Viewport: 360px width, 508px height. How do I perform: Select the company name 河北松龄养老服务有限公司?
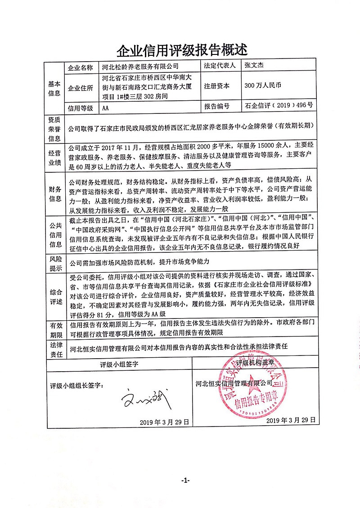pos(140,67)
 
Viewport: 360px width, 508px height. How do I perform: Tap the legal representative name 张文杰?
pos(254,66)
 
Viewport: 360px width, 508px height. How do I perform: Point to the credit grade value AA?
pos(106,108)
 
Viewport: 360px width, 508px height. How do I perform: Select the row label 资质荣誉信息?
pos(54,128)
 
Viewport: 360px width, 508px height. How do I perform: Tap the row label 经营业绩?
pos(54,157)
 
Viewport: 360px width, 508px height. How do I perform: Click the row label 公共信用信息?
pos(54,233)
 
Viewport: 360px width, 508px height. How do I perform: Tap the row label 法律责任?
pos(54,349)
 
